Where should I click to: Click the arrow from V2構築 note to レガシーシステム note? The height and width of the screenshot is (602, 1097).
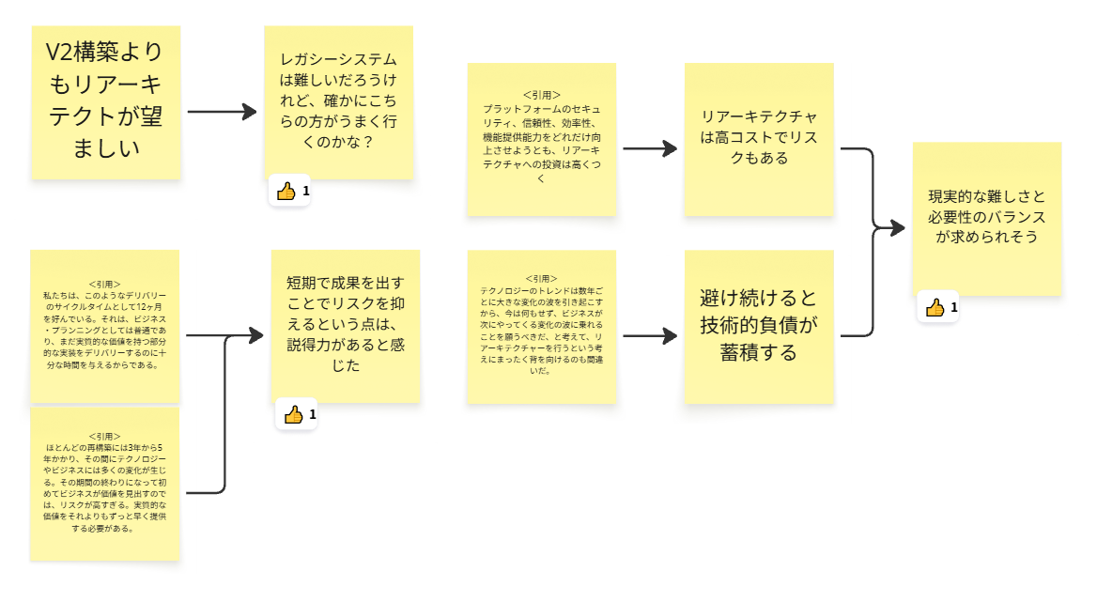pyautogui.click(x=222, y=112)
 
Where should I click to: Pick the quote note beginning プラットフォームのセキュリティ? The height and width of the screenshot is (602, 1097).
pyautogui.click(x=542, y=139)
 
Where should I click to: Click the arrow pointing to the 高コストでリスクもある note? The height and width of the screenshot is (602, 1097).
pyautogui.click(x=650, y=148)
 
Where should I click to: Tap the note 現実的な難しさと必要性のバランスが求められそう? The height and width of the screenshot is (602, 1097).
pyautogui.click(x=986, y=218)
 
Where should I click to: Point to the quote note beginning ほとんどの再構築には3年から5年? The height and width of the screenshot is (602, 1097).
pyautogui.click(x=105, y=484)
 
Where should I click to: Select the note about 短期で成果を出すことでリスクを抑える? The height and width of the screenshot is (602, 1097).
pyautogui.click(x=347, y=325)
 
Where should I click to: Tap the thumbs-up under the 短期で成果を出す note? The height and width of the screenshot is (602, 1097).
pyautogui.click(x=293, y=414)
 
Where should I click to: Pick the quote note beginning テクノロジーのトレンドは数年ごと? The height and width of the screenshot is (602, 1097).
pyautogui.click(x=542, y=325)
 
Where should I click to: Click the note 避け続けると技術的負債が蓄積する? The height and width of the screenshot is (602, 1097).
pyautogui.click(x=759, y=325)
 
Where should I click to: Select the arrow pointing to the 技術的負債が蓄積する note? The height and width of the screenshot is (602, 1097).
pyautogui.click(x=650, y=335)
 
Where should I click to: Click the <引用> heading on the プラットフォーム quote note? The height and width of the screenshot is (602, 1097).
pyautogui.click(x=542, y=95)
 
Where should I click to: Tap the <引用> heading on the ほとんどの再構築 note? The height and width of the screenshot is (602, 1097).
pyautogui.click(x=104, y=437)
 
